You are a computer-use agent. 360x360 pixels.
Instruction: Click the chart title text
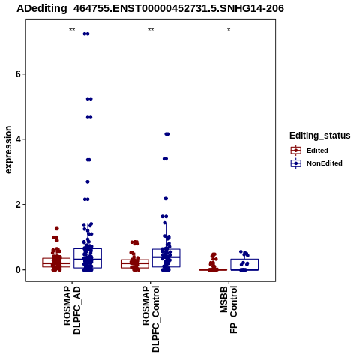click(150, 9)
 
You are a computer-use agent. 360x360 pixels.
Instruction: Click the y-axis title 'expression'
click(8, 150)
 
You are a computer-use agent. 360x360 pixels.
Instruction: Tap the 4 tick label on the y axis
click(19, 139)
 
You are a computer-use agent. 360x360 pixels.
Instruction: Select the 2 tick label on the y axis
click(19, 205)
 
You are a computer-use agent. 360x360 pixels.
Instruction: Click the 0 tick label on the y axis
click(19, 270)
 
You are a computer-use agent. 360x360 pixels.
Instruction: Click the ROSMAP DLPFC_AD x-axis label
click(72, 310)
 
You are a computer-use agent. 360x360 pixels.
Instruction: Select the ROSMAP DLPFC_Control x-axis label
click(151, 319)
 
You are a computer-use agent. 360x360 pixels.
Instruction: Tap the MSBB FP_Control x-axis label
click(229, 310)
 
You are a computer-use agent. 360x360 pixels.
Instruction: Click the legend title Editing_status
click(320, 136)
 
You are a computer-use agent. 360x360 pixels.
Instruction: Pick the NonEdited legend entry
click(316, 163)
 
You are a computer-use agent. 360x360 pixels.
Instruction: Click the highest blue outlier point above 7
click(86, 34)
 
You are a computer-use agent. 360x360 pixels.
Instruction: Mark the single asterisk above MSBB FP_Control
click(229, 29)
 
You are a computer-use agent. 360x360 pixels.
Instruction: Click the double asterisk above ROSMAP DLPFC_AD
click(72, 29)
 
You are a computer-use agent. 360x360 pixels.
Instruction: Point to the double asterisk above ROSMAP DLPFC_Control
click(151, 29)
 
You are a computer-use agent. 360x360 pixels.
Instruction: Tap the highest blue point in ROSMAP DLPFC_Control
click(167, 134)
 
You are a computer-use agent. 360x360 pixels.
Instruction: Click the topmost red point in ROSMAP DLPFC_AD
click(57, 229)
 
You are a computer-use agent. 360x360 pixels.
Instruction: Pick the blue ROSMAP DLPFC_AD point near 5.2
click(89, 99)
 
